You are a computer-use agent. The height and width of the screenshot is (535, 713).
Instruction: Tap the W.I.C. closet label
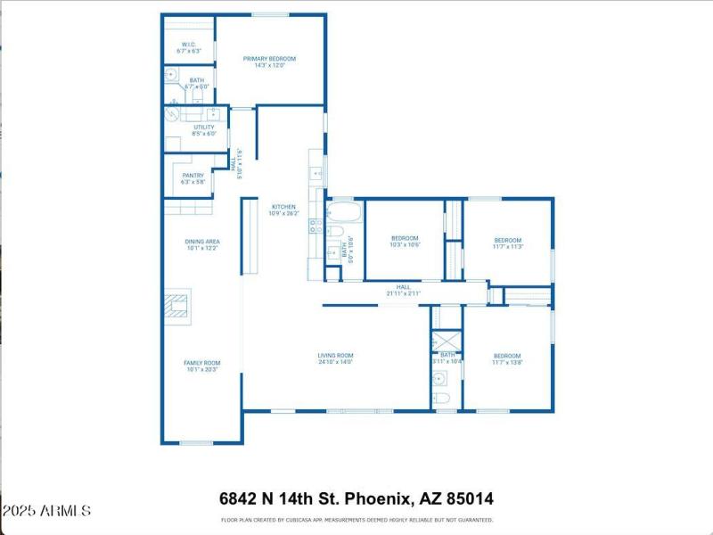click(189, 46)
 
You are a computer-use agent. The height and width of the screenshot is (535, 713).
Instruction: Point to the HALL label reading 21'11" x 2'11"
click(403, 290)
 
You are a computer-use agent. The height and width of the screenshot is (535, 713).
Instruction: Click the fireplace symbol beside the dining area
click(177, 304)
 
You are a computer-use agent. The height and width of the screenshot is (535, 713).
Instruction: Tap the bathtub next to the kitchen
click(343, 213)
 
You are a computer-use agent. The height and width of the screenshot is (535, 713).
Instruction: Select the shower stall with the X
click(446, 342)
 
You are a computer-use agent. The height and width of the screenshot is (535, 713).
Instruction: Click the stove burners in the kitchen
click(314, 226)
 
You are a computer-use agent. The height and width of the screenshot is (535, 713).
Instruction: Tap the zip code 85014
click(467, 498)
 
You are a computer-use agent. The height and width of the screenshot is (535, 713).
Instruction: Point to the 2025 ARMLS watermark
click(46, 511)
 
